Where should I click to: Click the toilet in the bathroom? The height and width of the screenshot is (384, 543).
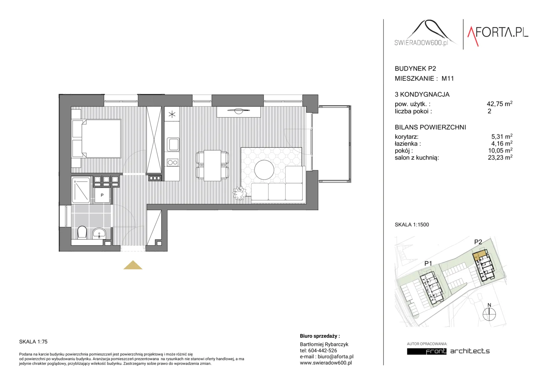82,233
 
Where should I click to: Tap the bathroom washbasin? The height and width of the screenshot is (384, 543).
99,233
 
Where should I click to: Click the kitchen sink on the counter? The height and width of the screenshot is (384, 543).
173,144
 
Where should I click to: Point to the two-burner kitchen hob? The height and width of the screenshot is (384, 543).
172,162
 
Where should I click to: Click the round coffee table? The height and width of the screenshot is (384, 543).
264,170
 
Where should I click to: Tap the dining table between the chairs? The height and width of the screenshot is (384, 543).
213,165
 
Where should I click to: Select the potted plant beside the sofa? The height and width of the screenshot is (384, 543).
240,193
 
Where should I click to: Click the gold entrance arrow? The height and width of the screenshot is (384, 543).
133,265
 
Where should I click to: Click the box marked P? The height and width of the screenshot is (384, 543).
102,195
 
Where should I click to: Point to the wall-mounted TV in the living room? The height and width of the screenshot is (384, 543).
238,111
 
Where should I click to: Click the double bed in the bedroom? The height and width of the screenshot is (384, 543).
96,139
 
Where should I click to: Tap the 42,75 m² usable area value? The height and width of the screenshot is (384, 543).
500,104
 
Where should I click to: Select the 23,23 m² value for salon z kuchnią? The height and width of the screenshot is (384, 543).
500,158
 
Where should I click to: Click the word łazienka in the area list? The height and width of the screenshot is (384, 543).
408,144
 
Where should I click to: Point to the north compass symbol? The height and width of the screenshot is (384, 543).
489,313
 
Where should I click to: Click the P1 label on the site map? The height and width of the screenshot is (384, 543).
428,263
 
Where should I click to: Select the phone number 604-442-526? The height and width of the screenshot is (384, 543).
322,350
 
